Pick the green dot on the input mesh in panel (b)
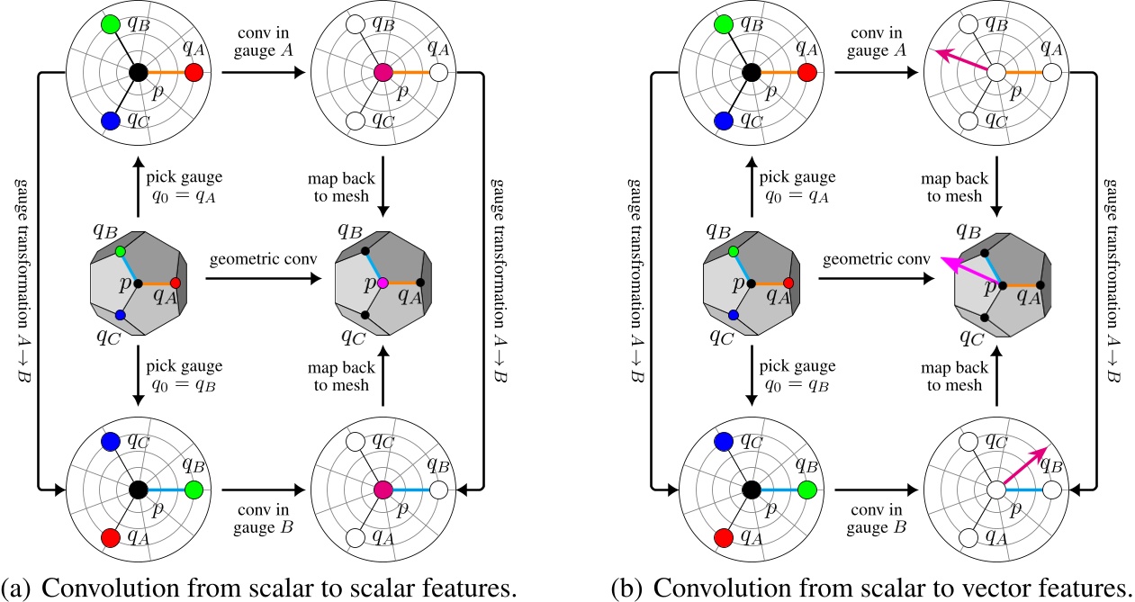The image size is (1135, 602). (734, 251)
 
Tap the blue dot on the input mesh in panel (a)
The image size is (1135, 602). (120, 315)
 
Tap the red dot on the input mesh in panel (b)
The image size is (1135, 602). (788, 283)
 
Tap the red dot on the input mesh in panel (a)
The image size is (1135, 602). (176, 283)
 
